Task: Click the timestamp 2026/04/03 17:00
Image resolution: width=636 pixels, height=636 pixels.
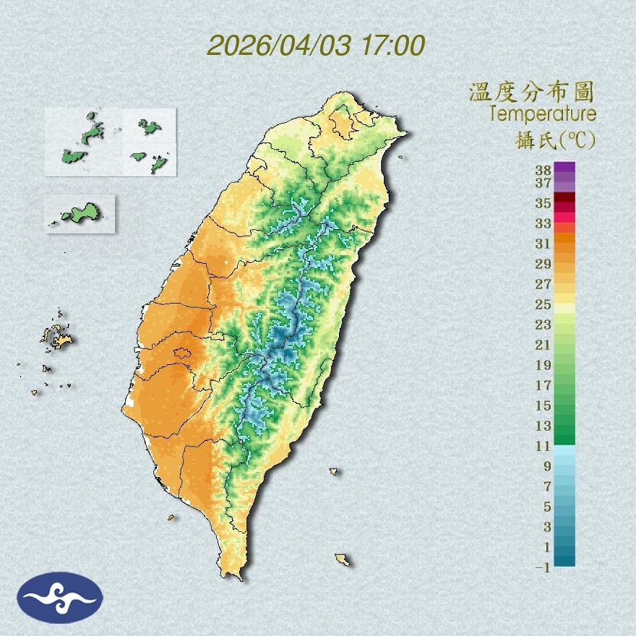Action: coord(316,46)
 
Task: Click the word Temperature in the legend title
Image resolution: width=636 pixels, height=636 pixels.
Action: coord(542,114)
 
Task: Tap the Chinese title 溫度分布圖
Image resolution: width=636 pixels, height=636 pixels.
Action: coord(531,93)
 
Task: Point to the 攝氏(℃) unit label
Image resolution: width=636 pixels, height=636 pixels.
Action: coord(552,139)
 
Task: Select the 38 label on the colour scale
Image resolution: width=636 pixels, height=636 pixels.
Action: coord(543,171)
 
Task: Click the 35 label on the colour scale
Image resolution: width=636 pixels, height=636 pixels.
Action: coord(543,203)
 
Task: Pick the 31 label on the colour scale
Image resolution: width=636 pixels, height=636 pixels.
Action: coord(543,244)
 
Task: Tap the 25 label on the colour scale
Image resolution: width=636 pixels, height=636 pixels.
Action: coord(543,304)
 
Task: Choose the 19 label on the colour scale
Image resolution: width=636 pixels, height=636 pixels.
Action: coord(543,364)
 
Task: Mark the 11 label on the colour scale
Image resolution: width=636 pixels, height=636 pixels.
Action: coord(543,446)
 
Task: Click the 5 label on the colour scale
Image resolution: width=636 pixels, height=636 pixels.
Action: coord(547,506)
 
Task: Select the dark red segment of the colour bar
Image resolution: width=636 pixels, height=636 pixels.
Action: coord(565,198)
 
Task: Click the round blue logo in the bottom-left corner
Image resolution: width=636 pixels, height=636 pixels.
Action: coord(60,598)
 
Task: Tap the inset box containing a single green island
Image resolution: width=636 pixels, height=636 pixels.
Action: coord(79,213)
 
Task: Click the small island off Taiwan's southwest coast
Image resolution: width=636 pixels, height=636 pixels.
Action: coord(171,517)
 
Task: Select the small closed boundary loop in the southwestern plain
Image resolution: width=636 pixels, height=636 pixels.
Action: coord(182,353)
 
